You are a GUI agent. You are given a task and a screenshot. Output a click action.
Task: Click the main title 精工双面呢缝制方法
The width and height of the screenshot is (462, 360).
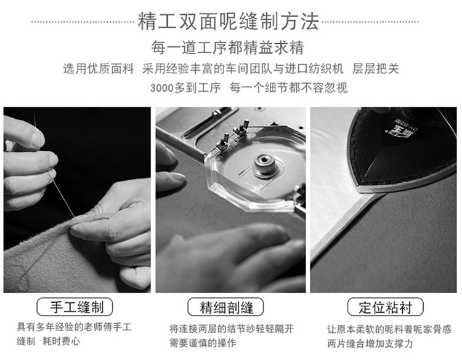pyautogui.click(x=229, y=21)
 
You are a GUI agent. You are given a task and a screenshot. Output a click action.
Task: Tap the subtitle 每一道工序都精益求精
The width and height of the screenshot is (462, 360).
pyautogui.click(x=227, y=47)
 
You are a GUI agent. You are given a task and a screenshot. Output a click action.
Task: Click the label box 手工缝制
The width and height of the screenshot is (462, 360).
pyautogui.click(x=75, y=306)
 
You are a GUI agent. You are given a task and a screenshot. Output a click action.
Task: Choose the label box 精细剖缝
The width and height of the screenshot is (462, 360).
pyautogui.click(x=225, y=307)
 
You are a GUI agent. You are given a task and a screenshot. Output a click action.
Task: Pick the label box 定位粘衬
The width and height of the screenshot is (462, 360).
pyautogui.click(x=386, y=307)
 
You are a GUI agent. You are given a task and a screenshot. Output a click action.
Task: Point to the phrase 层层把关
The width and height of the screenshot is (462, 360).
pyautogui.click(x=376, y=69)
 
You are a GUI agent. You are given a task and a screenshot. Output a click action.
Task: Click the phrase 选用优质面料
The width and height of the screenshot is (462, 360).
pyautogui.click(x=99, y=69)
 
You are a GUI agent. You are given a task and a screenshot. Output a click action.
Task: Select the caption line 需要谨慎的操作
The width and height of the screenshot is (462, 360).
pyautogui.click(x=203, y=343)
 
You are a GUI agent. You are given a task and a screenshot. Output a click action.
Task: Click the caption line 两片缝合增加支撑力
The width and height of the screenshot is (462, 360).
pyautogui.click(x=370, y=343)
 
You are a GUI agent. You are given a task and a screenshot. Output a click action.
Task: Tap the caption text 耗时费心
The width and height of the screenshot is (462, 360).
pyautogui.click(x=61, y=342)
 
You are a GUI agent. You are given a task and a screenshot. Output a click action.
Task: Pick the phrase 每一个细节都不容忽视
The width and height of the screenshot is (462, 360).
pyautogui.click(x=289, y=88)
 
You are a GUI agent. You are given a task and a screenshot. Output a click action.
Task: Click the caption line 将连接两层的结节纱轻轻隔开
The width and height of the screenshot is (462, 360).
pyautogui.click(x=232, y=329)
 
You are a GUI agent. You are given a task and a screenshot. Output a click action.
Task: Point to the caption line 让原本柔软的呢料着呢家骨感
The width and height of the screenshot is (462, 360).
pyautogui.click(x=389, y=329)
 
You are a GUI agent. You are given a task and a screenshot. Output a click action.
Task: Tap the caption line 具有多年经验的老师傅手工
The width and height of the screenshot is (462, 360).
pyautogui.click(x=75, y=327)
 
